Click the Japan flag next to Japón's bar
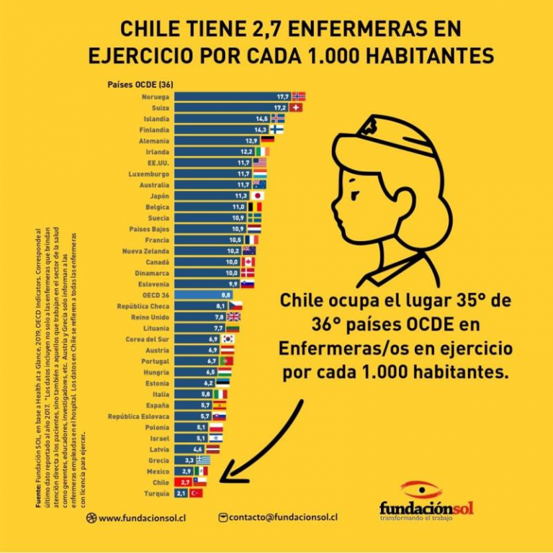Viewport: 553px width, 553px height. pyautogui.click(x=257, y=196)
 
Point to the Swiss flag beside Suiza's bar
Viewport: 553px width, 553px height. pyautogui.click(x=296, y=107)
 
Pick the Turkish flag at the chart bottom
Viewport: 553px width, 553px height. pyautogui.click(x=196, y=493)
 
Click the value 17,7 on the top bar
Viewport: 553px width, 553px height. pyautogui.click(x=283, y=96)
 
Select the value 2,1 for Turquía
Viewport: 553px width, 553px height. pyautogui.click(x=181, y=493)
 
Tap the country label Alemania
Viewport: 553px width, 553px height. pyautogui.click(x=154, y=141)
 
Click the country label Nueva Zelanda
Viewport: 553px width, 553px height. pyautogui.click(x=146, y=251)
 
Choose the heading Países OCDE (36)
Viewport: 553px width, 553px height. pyautogui.click(x=140, y=84)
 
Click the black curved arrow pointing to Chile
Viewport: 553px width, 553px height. pyautogui.click(x=256, y=446)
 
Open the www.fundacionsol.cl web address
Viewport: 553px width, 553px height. pyautogui.click(x=138, y=517)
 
